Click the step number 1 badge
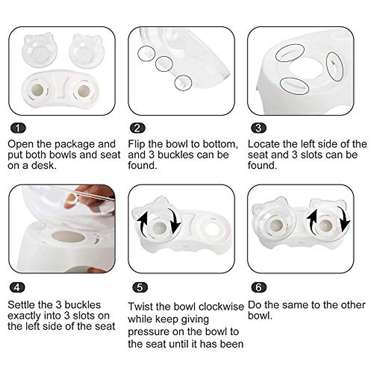point(18,128)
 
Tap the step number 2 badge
point(137,128)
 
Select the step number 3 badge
point(258,128)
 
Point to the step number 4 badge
point(17,288)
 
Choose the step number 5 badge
point(140,288)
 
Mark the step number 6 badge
point(258,288)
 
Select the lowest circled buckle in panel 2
point(183,83)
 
